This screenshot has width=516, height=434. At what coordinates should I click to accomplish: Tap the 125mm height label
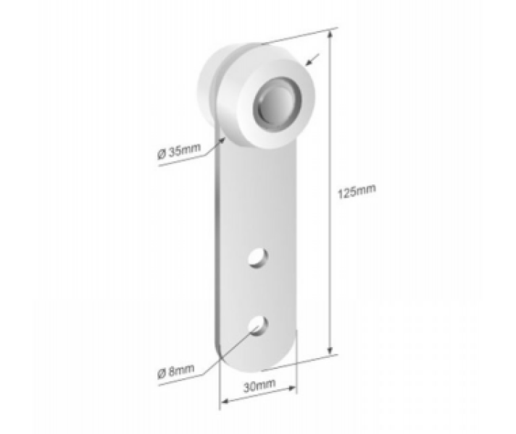coord(356,191)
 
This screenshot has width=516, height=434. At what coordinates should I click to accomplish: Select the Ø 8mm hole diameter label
coord(176,371)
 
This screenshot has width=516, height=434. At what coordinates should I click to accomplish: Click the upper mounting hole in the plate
coord(257,257)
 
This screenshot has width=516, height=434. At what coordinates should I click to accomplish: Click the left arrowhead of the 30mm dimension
coord(224,399)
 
